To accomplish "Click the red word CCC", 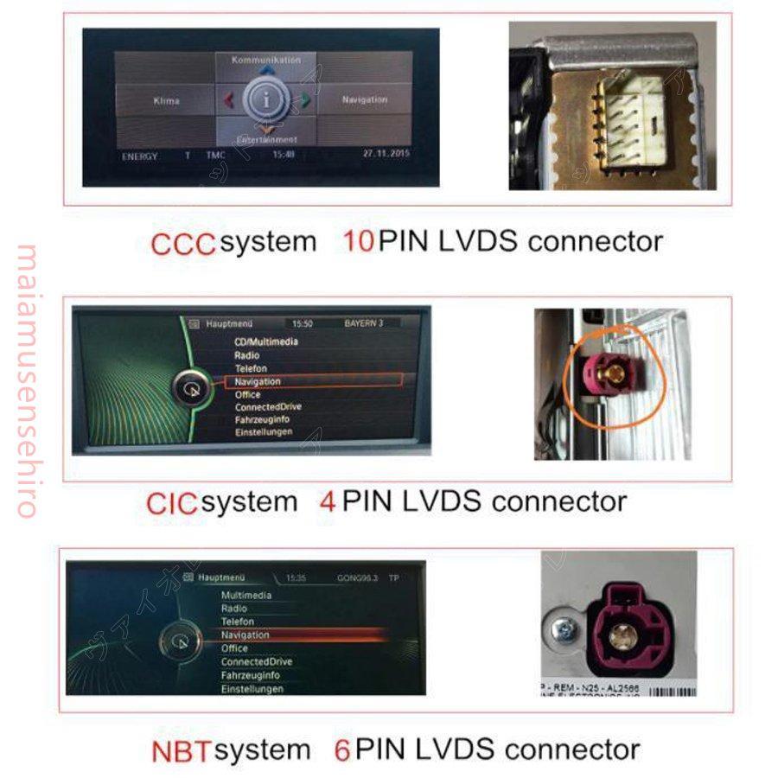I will coord(182,244).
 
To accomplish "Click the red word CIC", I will coord(172,503).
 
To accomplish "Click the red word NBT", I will coord(181,750).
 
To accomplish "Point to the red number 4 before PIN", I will coord(328,501).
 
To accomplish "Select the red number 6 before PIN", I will coord(342,749).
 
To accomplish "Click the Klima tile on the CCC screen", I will coord(166,101).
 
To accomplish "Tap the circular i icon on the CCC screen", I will coord(267,100).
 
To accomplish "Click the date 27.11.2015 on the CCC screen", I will coord(386,154).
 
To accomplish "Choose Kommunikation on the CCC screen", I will coord(266,61).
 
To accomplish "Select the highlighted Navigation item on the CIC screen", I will coord(258,381).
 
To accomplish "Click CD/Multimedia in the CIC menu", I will coord(266,342).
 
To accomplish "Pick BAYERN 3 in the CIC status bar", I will coord(363,323).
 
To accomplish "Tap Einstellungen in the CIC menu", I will coord(264,432).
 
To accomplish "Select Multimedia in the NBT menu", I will coord(246,596).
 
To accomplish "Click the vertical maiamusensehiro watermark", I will coord(26,380).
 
